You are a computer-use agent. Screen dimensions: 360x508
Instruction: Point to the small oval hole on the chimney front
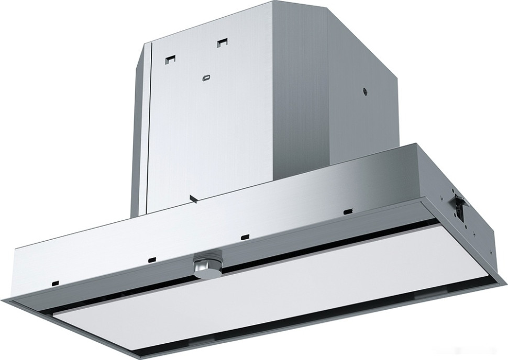coord(205,77)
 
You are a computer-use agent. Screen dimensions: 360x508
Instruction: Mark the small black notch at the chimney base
coord(193,198)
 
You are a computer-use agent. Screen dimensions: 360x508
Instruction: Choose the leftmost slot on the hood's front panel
coord(54,283)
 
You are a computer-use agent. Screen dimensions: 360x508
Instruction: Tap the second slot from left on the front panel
coord(152,258)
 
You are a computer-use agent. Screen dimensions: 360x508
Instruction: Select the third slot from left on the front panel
coord(244,236)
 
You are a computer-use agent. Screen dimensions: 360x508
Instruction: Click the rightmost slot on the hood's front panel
coord(347,211)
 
